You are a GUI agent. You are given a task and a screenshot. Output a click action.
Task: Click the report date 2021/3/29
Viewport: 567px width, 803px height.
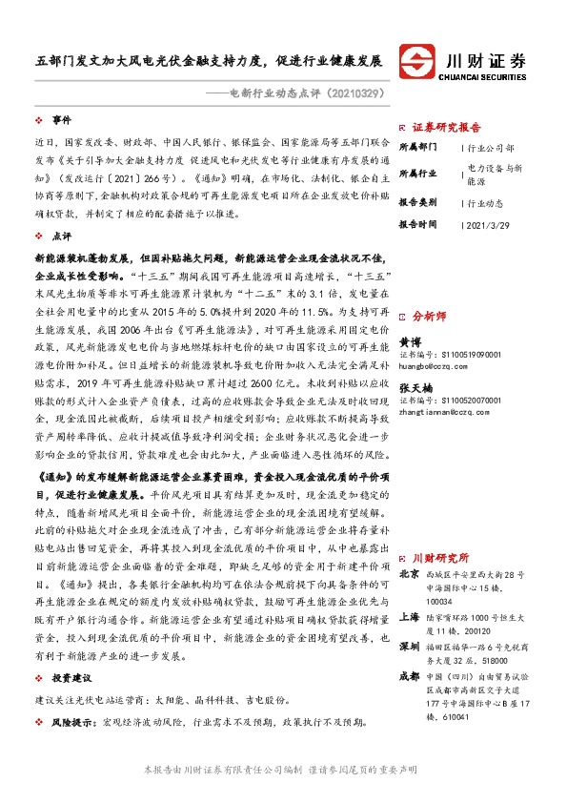pos(493,224)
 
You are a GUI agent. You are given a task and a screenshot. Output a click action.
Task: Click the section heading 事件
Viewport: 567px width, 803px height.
pos(61,120)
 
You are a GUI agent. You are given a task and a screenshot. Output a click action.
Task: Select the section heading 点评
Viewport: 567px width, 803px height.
pos(61,235)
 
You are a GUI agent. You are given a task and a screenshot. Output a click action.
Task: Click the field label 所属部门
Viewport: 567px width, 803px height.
pos(416,148)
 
